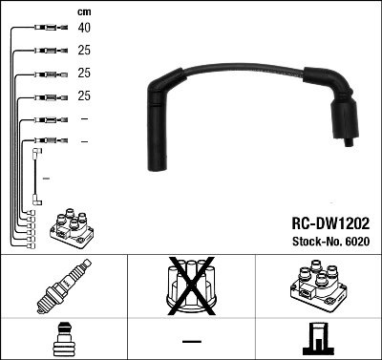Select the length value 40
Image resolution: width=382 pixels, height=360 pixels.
(83, 29)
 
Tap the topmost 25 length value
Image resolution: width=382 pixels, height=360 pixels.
(83, 51)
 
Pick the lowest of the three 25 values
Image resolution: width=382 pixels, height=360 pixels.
(83, 96)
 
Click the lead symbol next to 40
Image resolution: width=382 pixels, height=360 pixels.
(42, 29)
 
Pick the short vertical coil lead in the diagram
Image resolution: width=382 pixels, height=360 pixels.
(36, 176)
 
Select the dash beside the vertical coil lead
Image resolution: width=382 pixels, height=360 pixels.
(47, 177)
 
